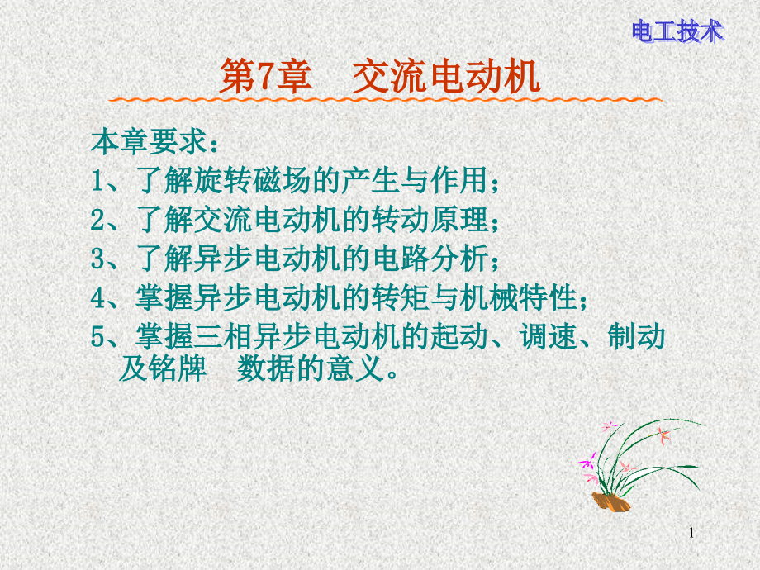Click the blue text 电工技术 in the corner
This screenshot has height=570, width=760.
tap(677, 31)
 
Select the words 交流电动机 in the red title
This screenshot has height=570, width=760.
tap(446, 77)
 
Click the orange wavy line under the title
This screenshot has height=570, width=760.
tap(385, 100)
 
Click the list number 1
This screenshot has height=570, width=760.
tap(97, 181)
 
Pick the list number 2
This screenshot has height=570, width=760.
tap(97, 220)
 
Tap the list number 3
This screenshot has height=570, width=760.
tap(97, 259)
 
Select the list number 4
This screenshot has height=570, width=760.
tap(97, 297)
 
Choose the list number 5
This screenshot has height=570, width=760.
tap(97, 336)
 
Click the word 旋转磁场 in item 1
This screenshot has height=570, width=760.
tap(253, 180)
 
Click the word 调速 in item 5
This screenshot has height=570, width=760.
tap(549, 336)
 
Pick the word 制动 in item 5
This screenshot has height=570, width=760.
tap(636, 336)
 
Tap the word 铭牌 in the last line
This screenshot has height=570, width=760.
tap(178, 368)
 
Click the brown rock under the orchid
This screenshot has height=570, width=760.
tap(610, 502)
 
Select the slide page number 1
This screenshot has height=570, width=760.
tap(691, 533)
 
